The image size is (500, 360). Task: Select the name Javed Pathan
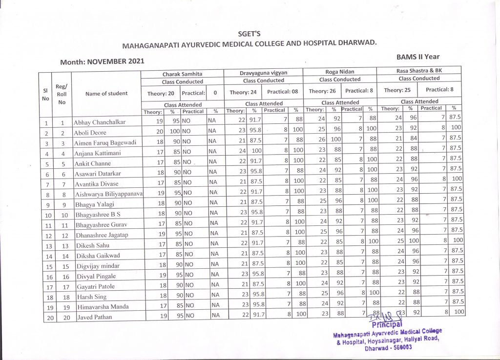[x=94, y=317]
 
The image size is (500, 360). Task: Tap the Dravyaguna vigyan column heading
[x=264, y=73]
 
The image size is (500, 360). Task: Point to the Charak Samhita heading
[x=182, y=74]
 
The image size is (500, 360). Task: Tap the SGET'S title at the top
[x=249, y=34]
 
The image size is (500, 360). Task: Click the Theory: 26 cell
[x=322, y=91]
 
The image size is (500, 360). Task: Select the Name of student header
[x=106, y=93]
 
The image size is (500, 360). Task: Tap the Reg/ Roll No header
[x=62, y=94]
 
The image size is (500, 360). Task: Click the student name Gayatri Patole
[x=95, y=286]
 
